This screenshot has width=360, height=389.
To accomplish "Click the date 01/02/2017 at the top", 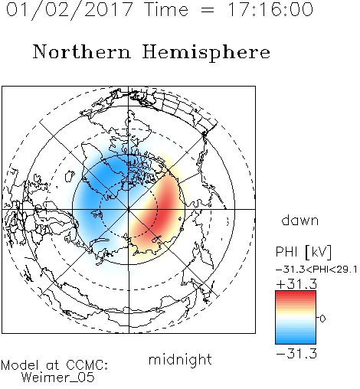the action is (x=70, y=10).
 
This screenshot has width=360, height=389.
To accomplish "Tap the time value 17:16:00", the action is (x=270, y=9).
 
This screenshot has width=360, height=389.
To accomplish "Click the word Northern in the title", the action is (x=82, y=51).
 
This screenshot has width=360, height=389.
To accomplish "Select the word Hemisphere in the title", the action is (x=206, y=52).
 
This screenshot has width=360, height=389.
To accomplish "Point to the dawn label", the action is (x=300, y=220).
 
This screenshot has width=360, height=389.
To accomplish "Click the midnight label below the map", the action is (x=180, y=360).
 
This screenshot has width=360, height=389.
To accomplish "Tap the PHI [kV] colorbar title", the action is (x=303, y=252).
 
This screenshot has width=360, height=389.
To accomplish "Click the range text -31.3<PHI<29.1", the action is (x=316, y=270).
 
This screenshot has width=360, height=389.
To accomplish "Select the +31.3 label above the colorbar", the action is (x=296, y=284).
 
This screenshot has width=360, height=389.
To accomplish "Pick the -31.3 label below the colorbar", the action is (x=296, y=354).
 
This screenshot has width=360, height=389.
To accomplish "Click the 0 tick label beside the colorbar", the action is (x=322, y=319).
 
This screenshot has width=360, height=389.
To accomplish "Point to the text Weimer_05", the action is (x=58, y=378).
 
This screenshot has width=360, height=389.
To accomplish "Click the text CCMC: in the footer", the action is (x=87, y=365).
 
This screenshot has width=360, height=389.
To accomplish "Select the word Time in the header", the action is (x=166, y=9).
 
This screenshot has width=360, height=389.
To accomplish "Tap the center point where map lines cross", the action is (x=129, y=209).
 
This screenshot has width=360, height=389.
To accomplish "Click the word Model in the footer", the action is (x=20, y=365).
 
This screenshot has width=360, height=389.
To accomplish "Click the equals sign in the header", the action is (x=208, y=10).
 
